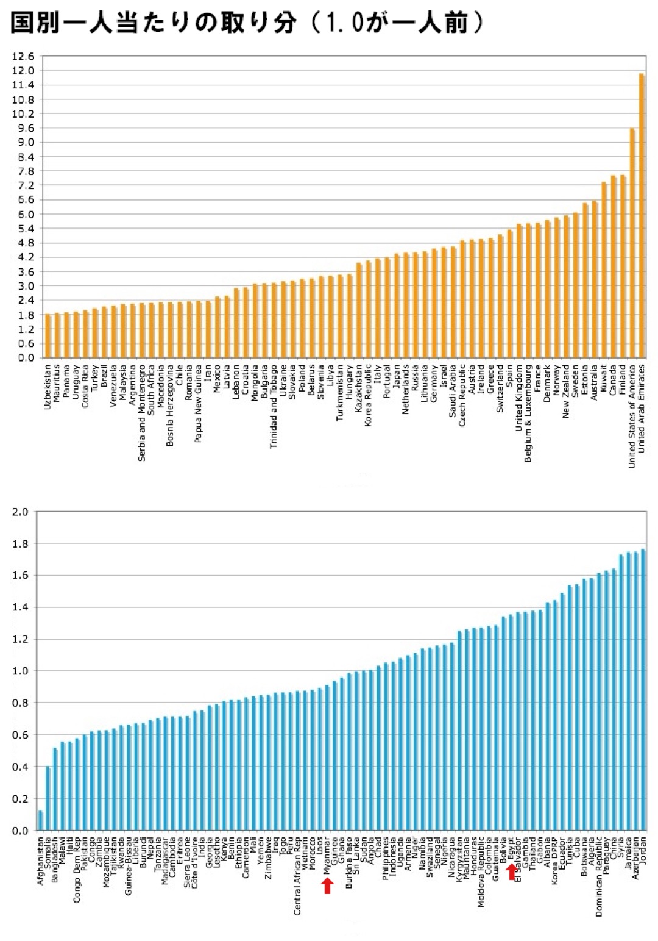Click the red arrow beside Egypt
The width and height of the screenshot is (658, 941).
(x=511, y=871)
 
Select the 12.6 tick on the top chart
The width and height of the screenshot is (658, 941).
(x=23, y=57)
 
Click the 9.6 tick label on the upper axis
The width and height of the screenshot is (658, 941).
(x=23, y=128)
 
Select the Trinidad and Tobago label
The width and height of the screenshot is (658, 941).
(x=274, y=406)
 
